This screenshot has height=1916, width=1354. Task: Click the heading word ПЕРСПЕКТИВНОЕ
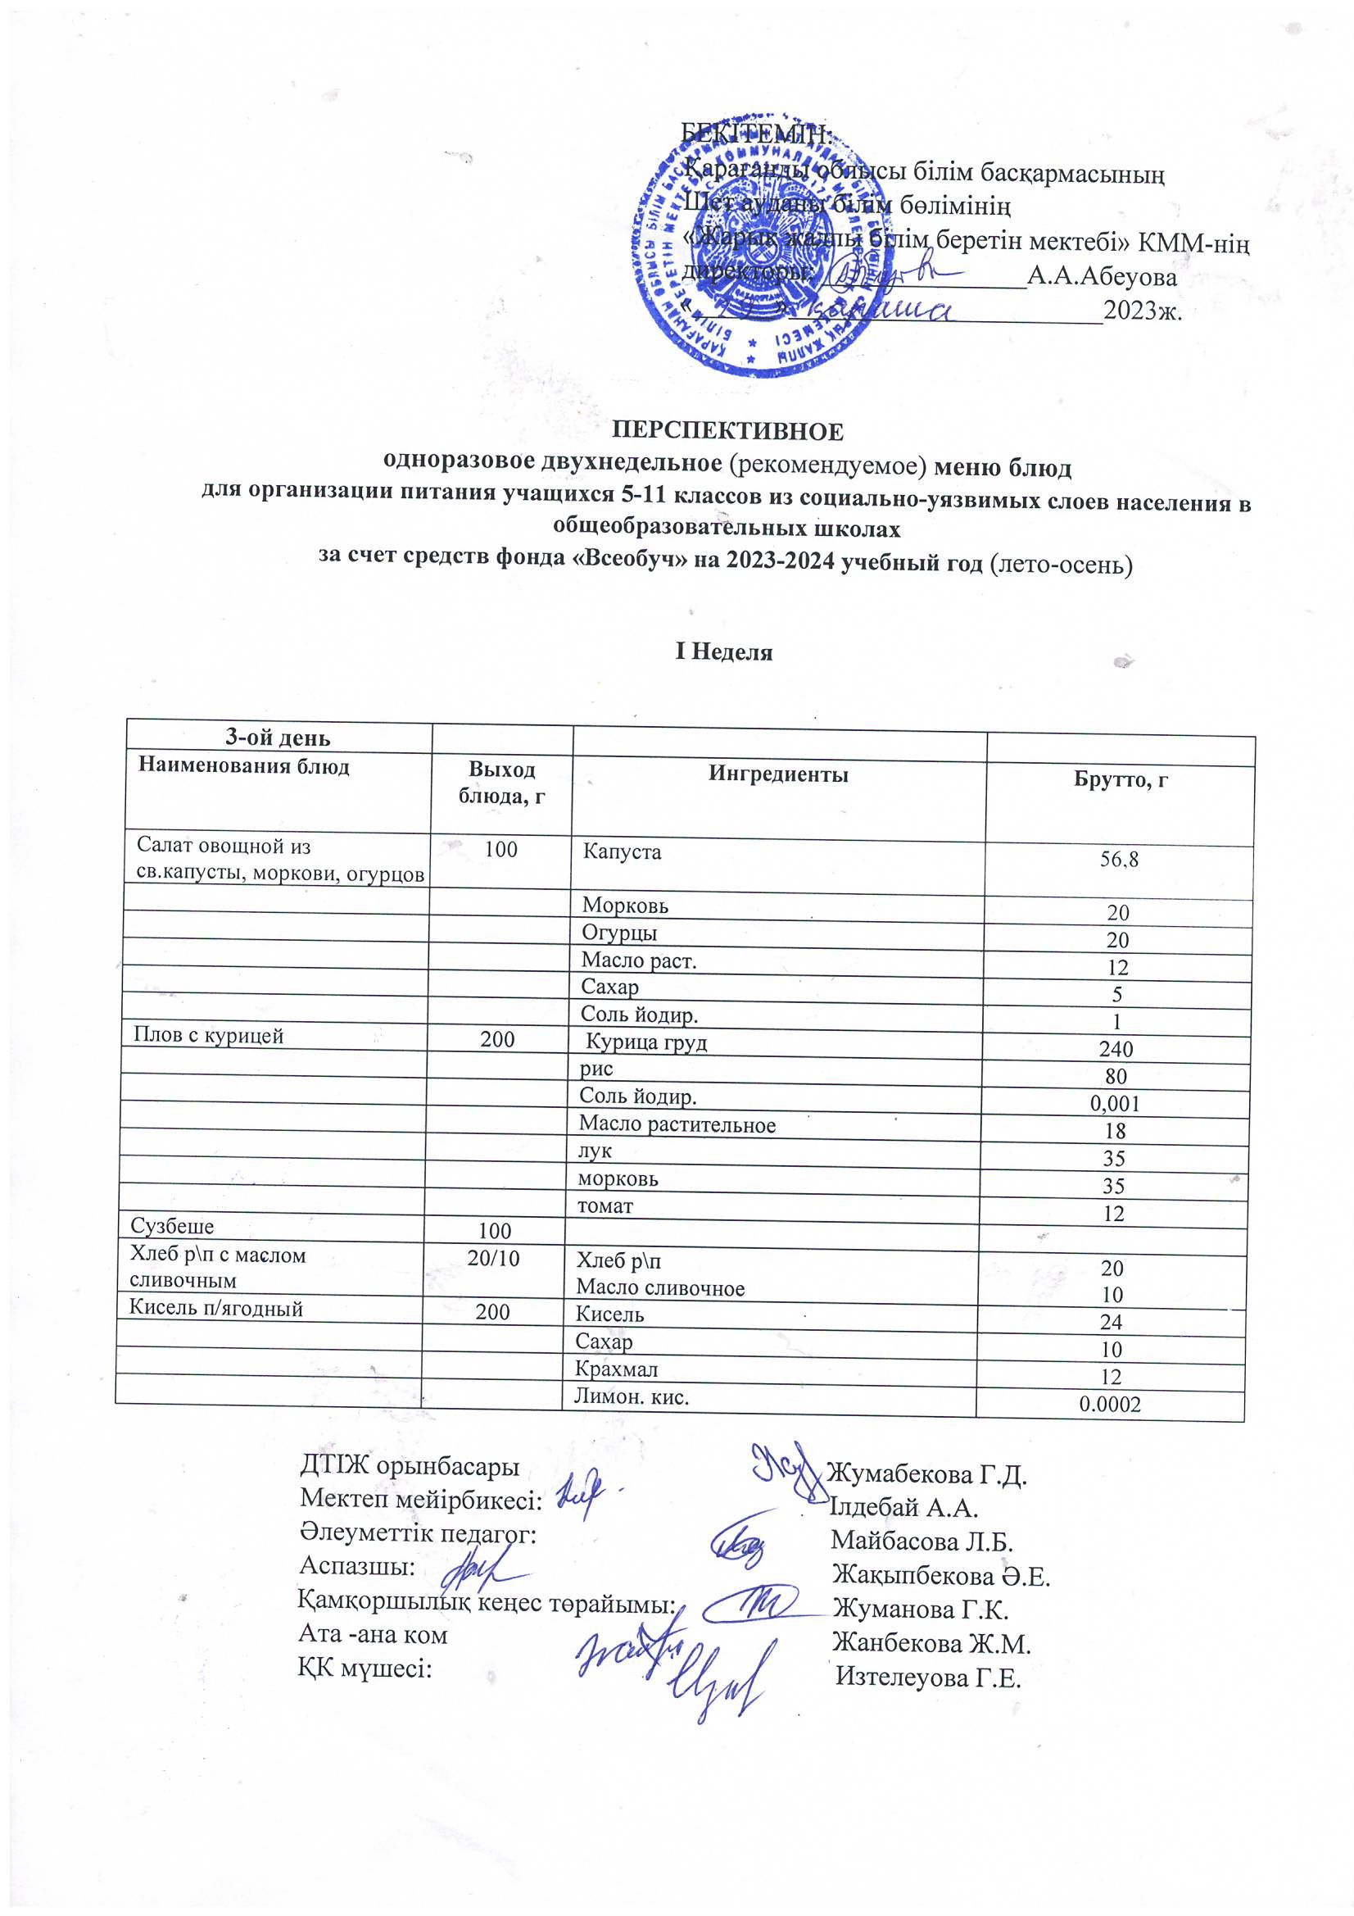click(727, 431)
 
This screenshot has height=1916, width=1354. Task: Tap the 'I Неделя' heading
click(723, 652)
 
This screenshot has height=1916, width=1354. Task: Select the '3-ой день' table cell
click(278, 738)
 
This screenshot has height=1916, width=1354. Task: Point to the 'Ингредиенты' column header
click(778, 774)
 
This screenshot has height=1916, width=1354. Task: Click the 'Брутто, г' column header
click(1120, 779)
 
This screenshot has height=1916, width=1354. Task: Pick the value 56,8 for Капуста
click(1119, 860)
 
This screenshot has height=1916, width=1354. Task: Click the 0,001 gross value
click(1115, 1104)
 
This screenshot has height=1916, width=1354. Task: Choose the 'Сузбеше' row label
click(172, 1227)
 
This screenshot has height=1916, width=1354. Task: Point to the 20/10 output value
click(493, 1259)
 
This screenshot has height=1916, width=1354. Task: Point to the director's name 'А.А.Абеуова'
click(1101, 277)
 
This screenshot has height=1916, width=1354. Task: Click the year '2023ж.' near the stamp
click(1142, 311)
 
